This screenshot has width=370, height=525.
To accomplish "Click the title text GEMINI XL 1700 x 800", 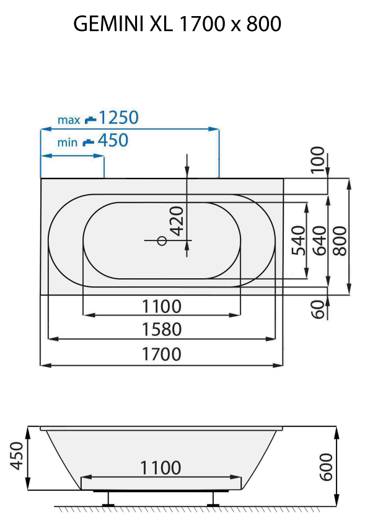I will point(177,24).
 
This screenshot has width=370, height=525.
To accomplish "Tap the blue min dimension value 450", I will point(113,141).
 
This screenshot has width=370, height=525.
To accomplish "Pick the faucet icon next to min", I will point(89,142).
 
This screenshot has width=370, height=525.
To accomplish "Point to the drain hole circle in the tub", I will point(162,240).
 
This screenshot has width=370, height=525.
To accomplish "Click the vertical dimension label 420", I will point(177,220).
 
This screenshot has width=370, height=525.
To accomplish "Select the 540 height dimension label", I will point(298,240).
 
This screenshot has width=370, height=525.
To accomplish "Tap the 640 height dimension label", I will point(319,240).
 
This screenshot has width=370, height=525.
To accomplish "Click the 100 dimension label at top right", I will point(317,159).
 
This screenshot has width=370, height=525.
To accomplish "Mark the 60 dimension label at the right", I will point(319,309).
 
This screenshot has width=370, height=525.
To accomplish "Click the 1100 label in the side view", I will point(161,467).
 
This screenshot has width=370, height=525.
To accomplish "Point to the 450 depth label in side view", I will point(16,456).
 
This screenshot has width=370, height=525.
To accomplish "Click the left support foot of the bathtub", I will point(109,500).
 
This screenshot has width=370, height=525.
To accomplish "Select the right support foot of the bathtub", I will point(213,500).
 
